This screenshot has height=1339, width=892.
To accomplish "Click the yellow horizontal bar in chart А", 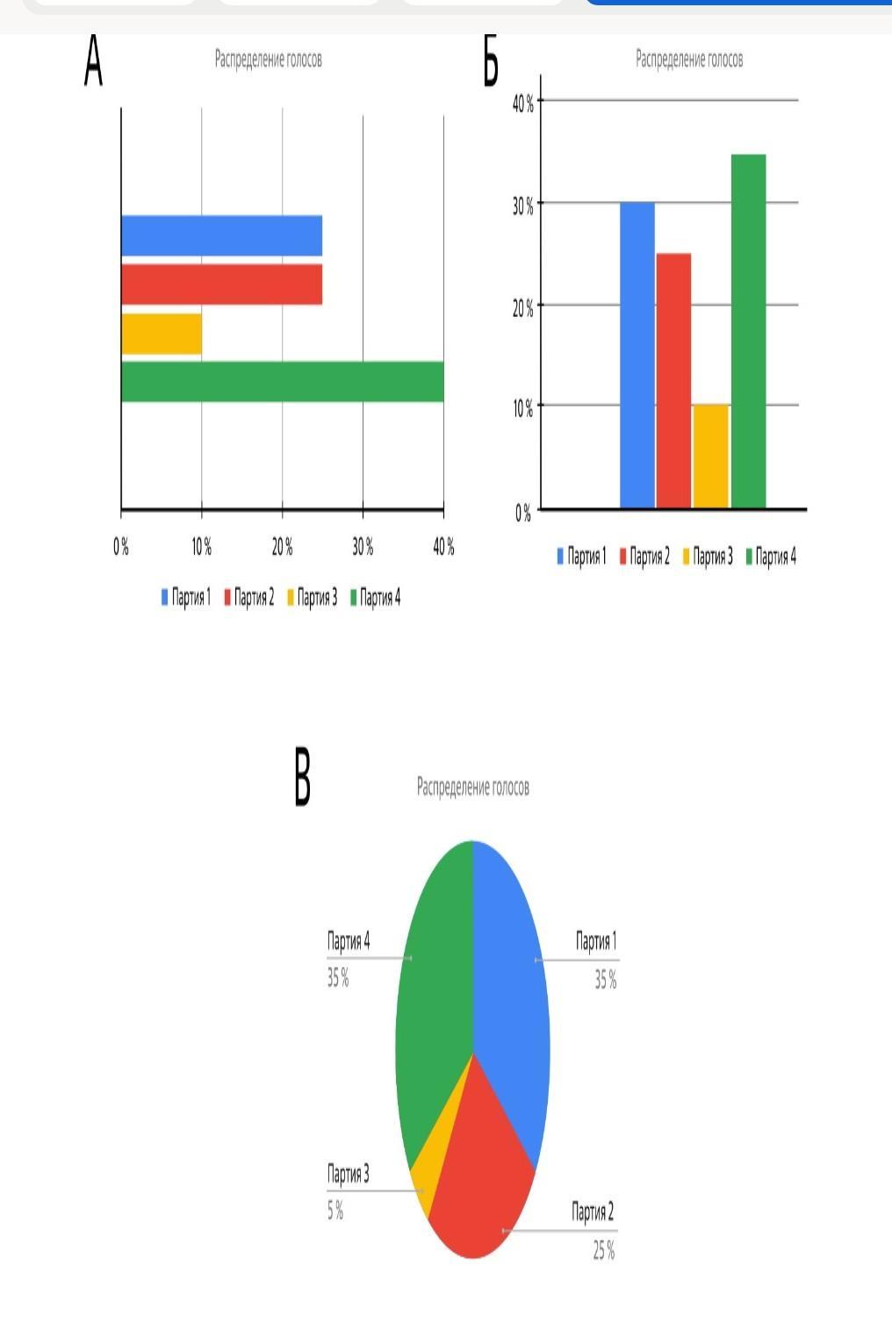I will [x=162, y=335].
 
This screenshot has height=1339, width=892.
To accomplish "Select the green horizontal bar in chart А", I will [x=282, y=382].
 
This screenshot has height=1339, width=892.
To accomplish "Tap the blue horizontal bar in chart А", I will [x=221, y=235].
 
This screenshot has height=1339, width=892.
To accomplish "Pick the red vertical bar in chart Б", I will [x=673, y=380].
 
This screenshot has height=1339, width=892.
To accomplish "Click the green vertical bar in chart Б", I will [x=748, y=331].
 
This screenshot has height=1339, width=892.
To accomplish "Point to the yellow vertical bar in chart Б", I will [x=710, y=457].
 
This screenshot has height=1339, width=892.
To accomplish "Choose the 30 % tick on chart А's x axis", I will [x=363, y=547].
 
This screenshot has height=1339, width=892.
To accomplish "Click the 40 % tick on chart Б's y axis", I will [x=523, y=104].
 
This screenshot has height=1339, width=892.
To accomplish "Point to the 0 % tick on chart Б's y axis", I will [x=523, y=513].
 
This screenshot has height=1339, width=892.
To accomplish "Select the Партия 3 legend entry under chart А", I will [x=312, y=598].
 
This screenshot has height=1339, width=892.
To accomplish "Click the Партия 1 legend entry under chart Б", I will [x=581, y=556].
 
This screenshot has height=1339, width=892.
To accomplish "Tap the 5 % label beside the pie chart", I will [x=335, y=1211].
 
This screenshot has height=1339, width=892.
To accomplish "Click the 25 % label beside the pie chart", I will [x=603, y=1250].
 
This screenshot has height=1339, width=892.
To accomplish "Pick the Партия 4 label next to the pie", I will [x=349, y=941].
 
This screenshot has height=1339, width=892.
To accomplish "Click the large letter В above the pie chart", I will [x=302, y=776].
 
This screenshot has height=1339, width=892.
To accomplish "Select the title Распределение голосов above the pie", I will [x=472, y=787].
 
